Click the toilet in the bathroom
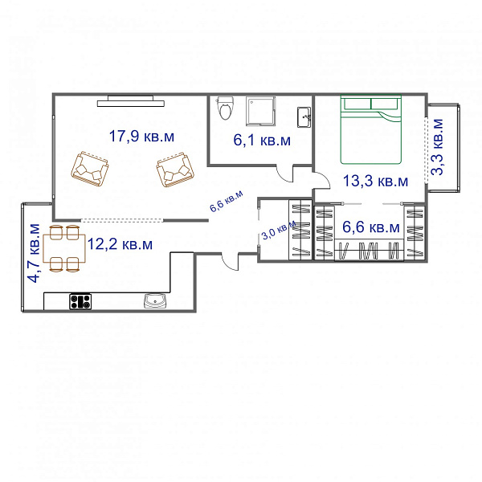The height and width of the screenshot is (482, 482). [x=225, y=108]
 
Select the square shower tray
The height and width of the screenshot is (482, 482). [x=260, y=112]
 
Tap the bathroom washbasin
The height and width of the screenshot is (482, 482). [x=304, y=117]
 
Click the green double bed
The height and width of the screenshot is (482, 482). [x=370, y=129]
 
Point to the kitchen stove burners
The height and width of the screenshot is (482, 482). [x=80, y=301]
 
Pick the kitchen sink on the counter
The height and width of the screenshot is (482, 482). [x=156, y=301]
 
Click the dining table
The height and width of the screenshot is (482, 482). [x=64, y=248]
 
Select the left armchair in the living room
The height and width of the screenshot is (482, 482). [x=90, y=169]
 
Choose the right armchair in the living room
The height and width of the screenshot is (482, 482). [x=175, y=170]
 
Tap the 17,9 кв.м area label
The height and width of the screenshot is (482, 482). [x=141, y=137]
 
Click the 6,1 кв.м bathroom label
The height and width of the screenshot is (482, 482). [x=262, y=140]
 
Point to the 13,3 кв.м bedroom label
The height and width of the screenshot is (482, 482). [x=375, y=181]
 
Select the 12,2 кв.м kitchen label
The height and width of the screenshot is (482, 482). [x=120, y=244]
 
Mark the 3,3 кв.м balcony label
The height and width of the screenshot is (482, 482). [x=437, y=147]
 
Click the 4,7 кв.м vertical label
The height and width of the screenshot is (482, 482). [x=34, y=253]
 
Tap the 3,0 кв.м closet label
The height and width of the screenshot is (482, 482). [x=279, y=231]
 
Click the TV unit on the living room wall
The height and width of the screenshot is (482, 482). [x=131, y=101]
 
